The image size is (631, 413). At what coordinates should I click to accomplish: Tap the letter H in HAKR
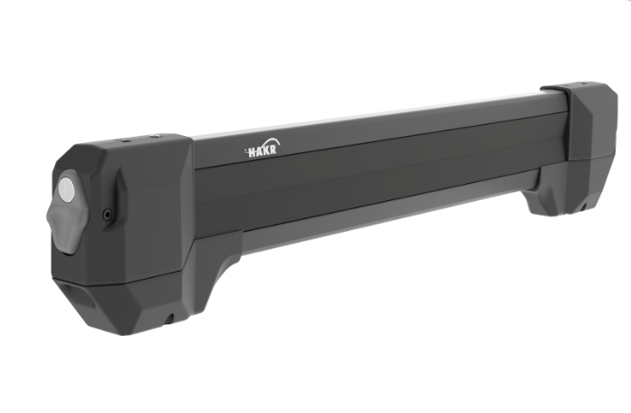point(253,153)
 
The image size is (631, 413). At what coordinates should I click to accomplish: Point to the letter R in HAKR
point(272,149)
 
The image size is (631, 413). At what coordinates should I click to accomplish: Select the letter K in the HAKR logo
point(266,151)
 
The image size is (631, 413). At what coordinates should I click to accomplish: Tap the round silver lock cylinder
point(66,189)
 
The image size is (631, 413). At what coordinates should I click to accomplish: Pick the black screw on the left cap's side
point(108,215)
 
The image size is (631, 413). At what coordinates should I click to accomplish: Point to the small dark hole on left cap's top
point(124,141)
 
